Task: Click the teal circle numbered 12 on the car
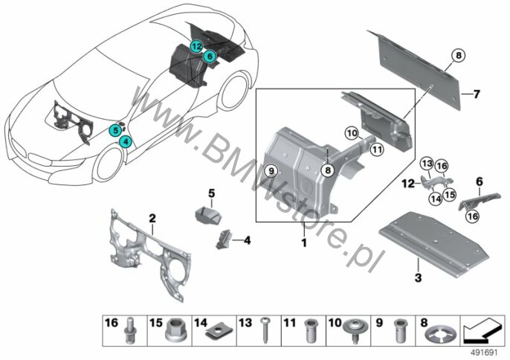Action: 196,47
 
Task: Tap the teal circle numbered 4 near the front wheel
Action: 126,142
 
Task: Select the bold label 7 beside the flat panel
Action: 477,94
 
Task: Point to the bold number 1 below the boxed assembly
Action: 304,242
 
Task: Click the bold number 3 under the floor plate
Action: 418,277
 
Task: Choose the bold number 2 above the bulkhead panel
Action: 152,218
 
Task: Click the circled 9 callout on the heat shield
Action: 272,170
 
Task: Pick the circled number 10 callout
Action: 352,133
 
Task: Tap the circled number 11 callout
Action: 377,150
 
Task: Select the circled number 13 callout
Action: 427,164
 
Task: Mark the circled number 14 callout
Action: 436,199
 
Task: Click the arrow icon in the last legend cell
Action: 482,331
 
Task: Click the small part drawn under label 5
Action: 207,215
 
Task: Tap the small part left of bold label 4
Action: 223,240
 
